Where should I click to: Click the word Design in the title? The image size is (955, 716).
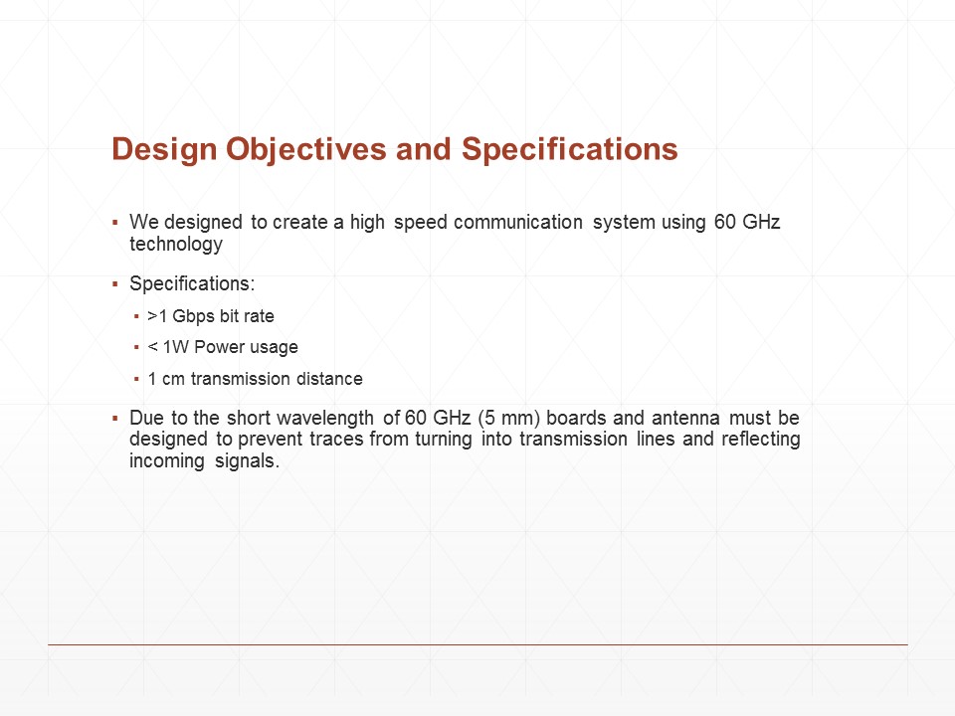click(x=164, y=150)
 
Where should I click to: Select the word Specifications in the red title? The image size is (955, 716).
click(x=569, y=149)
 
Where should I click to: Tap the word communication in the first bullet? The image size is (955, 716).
click(x=518, y=222)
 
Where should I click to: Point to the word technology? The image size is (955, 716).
click(x=176, y=245)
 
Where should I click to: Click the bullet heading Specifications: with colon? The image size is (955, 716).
click(x=192, y=284)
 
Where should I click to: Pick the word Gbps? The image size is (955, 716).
click(x=193, y=316)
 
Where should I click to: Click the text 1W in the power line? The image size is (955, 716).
click(x=176, y=347)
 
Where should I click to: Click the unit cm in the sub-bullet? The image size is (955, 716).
click(x=173, y=379)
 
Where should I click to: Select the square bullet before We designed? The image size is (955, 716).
click(x=115, y=223)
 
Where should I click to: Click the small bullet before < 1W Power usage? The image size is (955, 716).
click(x=136, y=347)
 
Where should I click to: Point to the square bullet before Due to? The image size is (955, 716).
click(x=115, y=419)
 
